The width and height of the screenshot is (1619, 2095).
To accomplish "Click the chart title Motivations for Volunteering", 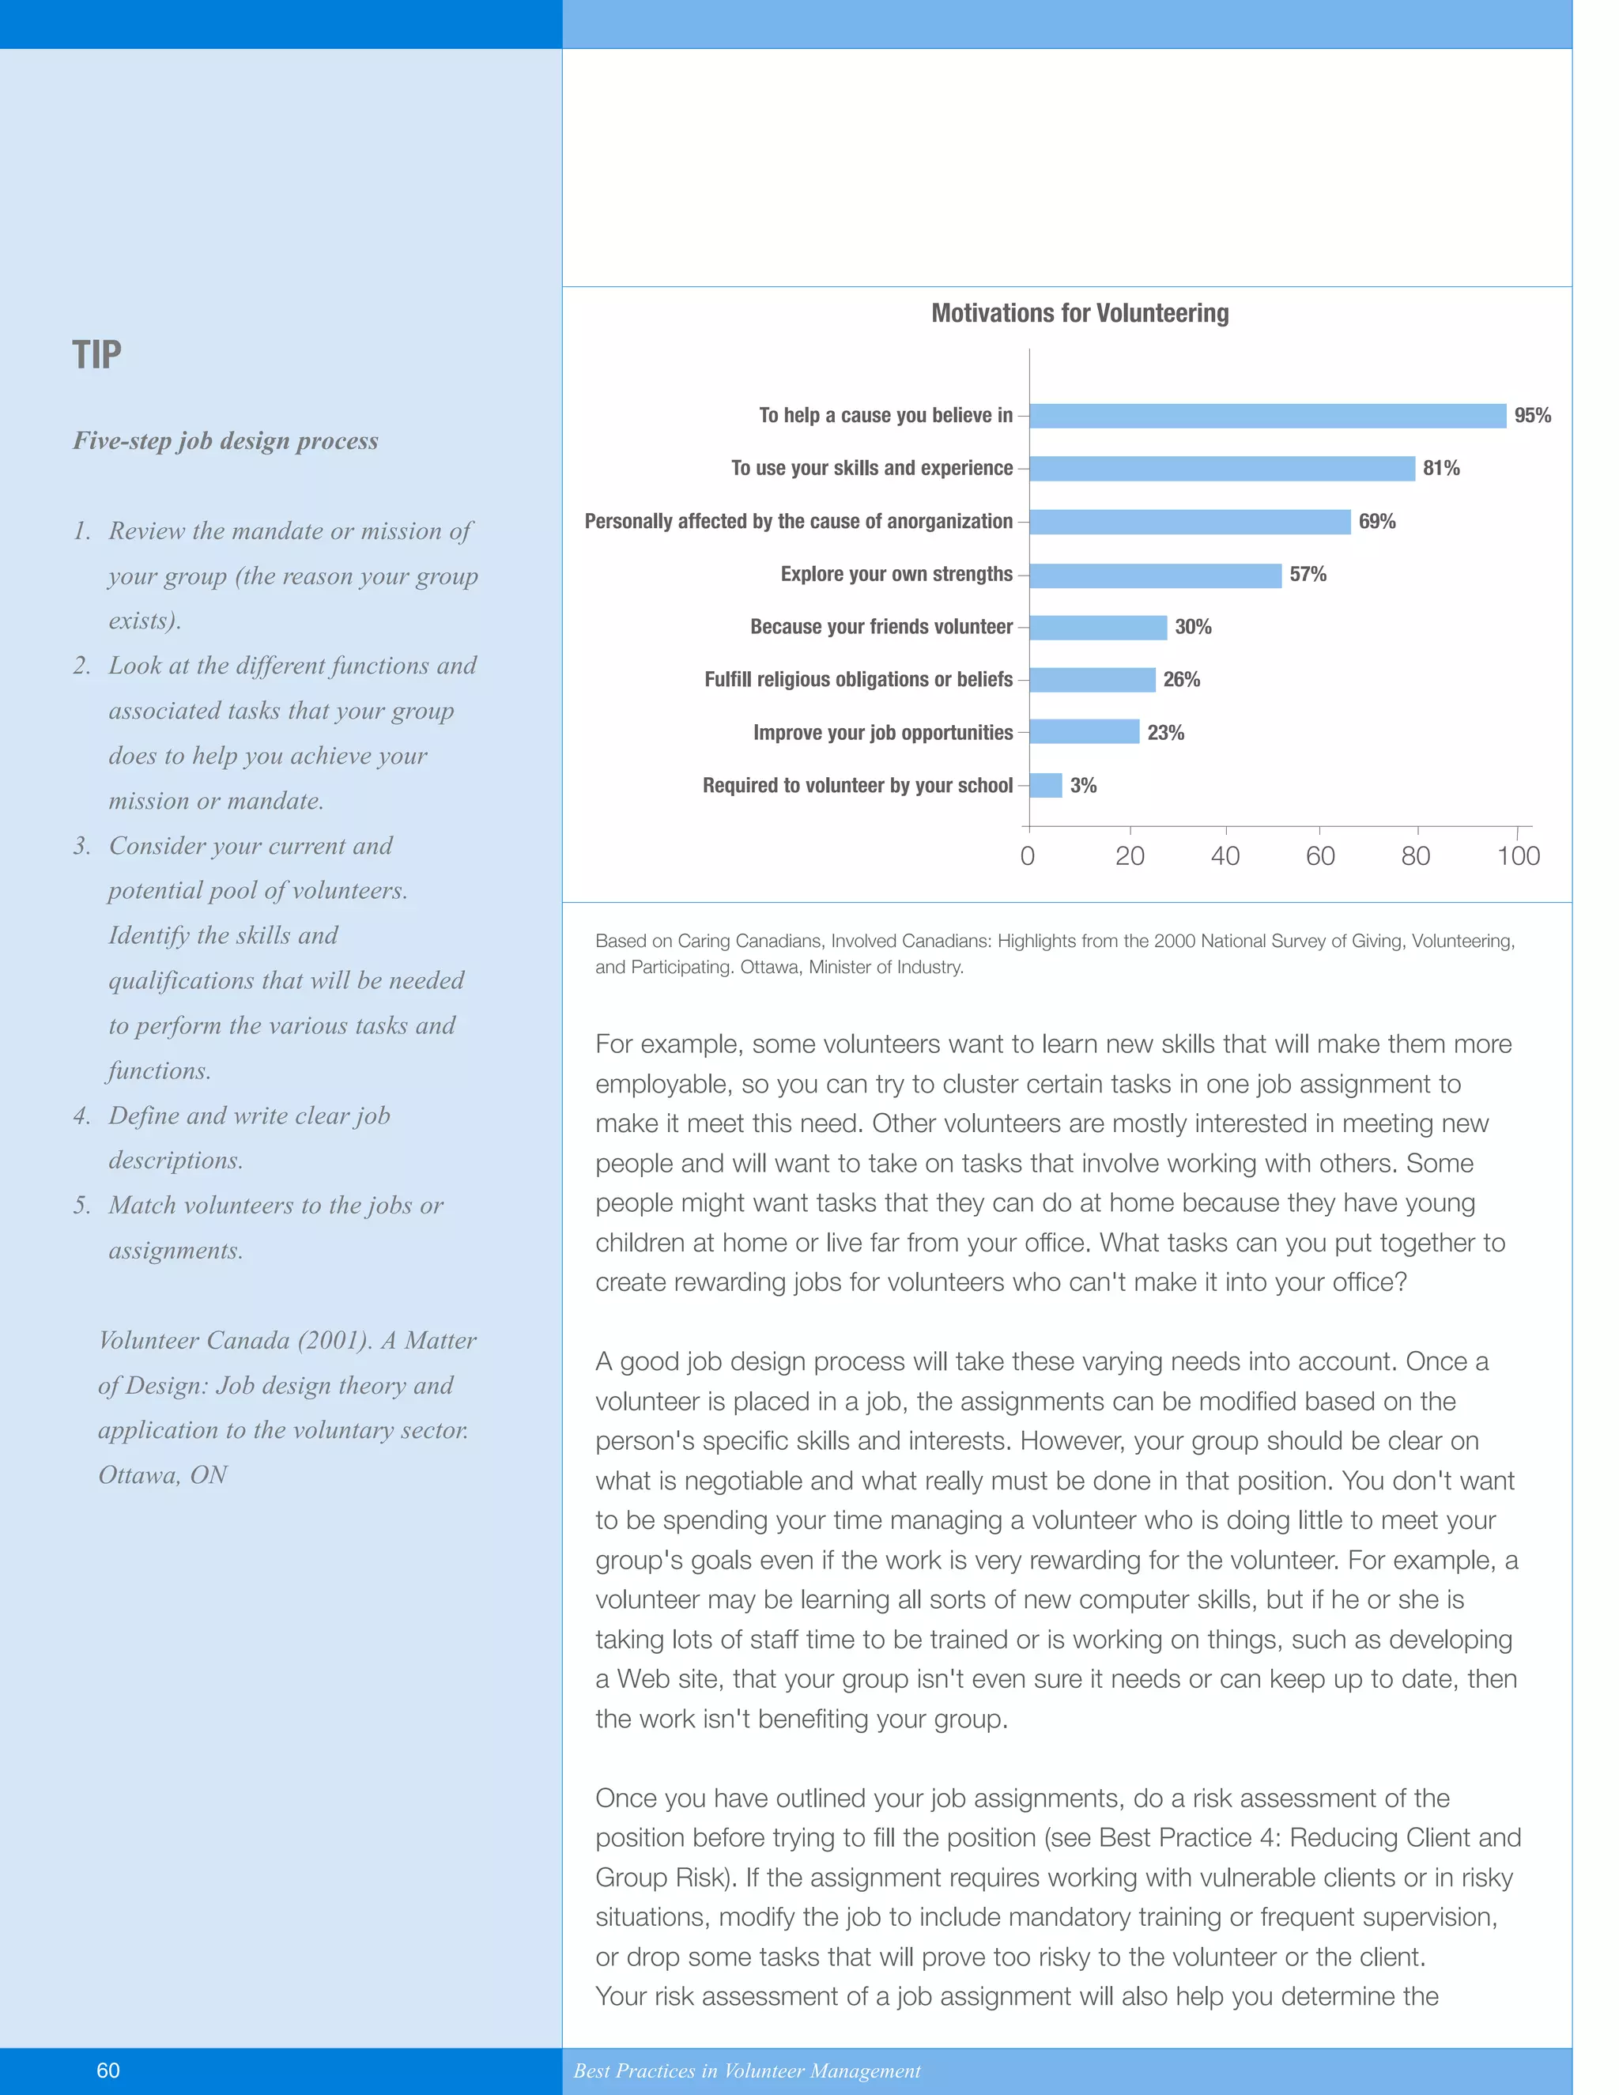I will coord(1079,314).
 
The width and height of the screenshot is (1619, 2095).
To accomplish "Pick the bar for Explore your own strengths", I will coord(1155,575).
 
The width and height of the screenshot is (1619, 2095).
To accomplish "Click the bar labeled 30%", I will coord(1098,628).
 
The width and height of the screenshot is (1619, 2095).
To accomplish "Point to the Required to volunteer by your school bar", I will coord(1045,786).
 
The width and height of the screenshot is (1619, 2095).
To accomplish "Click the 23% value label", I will coord(1165,733).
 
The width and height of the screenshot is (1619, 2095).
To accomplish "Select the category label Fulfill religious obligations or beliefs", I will coord(858,680).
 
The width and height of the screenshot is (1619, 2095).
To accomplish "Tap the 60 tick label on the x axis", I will coord(1319,857).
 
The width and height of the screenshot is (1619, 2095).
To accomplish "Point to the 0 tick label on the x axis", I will coord(1027,857).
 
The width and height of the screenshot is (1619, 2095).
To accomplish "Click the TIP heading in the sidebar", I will coord(97,356).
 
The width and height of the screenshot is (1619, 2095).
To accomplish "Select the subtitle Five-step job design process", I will coord(225,441).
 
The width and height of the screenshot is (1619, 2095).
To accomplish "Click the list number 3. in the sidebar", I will coord(82,846).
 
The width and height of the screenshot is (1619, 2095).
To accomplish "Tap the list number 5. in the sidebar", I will coord(82,1206).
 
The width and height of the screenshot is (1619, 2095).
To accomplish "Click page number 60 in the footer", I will coord(108,2070).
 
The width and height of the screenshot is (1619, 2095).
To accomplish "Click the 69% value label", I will coord(1376,522).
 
